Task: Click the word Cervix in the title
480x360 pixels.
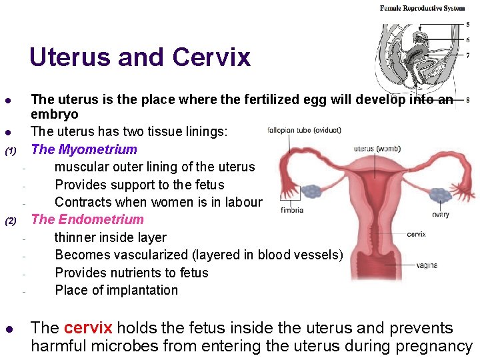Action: pyautogui.click(x=211, y=57)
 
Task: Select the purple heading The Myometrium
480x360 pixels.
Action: pyautogui.click(x=84, y=149)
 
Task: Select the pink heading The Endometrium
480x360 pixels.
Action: pyautogui.click(x=87, y=219)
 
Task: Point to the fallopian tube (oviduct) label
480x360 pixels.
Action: pyautogui.click(x=304, y=130)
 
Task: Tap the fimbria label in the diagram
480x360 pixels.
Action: pyautogui.click(x=291, y=210)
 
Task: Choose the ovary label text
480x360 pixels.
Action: pyautogui.click(x=440, y=215)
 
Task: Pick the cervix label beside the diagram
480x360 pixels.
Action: pyautogui.click(x=416, y=234)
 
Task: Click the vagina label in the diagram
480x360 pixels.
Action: pyautogui.click(x=426, y=265)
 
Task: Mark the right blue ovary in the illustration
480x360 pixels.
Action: pyautogui.click(x=440, y=195)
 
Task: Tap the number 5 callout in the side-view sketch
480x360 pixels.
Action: pyautogui.click(x=467, y=25)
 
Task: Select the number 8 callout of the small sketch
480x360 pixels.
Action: pyautogui.click(x=467, y=100)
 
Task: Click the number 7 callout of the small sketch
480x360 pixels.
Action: pyautogui.click(x=467, y=55)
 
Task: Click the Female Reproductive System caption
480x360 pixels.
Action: pyautogui.click(x=422, y=9)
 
